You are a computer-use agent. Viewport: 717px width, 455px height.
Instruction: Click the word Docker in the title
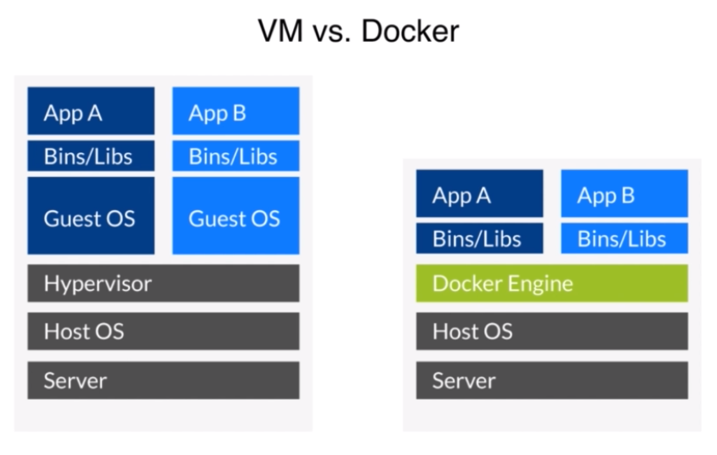pyautogui.click(x=409, y=31)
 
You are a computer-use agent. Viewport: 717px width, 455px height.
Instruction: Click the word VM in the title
pyautogui.click(x=280, y=31)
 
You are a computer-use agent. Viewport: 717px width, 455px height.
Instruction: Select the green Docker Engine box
pyautogui.click(x=552, y=283)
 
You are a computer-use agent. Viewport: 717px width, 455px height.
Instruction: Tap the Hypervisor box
pyautogui.click(x=163, y=283)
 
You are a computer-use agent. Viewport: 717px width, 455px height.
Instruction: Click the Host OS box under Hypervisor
pyautogui.click(x=163, y=332)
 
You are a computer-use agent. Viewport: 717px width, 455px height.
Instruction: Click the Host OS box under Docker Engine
pyautogui.click(x=552, y=332)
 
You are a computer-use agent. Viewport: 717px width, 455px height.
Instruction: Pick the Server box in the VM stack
pyautogui.click(x=163, y=380)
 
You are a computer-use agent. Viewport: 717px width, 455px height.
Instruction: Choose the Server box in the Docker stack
pyautogui.click(x=552, y=380)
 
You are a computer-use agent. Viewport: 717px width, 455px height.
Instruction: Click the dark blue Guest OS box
pyautogui.click(x=91, y=216)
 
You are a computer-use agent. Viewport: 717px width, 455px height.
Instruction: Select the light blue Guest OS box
pyautogui.click(x=236, y=216)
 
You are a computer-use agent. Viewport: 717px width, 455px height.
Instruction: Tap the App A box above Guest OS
pyautogui.click(x=91, y=111)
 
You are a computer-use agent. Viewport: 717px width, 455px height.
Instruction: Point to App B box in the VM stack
pyautogui.click(x=236, y=111)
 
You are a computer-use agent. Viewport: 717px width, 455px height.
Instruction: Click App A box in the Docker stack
pyautogui.click(x=480, y=193)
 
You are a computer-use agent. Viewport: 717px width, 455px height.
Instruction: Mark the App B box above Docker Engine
pyautogui.click(x=624, y=193)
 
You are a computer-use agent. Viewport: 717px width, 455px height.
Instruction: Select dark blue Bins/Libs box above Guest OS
pyautogui.click(x=91, y=156)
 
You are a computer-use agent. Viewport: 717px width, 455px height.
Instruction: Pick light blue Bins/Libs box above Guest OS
pyautogui.click(x=236, y=156)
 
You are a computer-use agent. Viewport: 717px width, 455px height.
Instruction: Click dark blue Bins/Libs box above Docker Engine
pyautogui.click(x=480, y=238)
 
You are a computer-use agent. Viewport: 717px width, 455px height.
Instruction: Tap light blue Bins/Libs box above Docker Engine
pyautogui.click(x=624, y=238)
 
